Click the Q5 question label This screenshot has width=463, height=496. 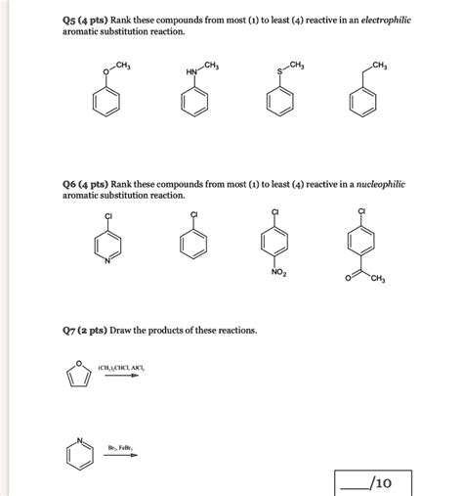(x=73, y=20)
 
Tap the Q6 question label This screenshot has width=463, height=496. (x=73, y=184)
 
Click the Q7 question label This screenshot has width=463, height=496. (x=73, y=331)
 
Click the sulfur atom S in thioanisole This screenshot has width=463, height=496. (x=279, y=71)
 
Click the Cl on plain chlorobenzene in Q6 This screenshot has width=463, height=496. (x=194, y=214)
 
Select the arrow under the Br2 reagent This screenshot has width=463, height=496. (x=120, y=456)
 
